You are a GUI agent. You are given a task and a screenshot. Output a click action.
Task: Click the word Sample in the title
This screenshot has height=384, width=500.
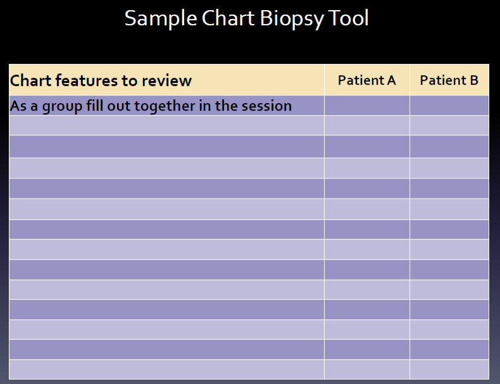coord(161,19)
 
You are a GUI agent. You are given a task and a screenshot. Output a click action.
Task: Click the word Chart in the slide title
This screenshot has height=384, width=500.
coord(228,18)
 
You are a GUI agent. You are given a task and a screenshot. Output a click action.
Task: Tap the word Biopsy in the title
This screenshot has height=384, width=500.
coord(291,19)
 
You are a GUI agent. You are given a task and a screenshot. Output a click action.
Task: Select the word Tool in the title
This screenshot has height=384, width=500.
coord(348,18)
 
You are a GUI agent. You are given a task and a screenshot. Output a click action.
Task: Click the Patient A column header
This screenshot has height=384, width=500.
coord(366,80)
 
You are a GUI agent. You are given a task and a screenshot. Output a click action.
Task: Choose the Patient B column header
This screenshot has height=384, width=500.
coord(449,80)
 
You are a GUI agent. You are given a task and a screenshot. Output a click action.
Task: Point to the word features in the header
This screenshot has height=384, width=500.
coord(87,80)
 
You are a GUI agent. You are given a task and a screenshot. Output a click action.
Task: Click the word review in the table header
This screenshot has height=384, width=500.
coord(167,81)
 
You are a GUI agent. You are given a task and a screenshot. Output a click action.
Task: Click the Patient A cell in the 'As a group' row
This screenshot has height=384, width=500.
coord(367,106)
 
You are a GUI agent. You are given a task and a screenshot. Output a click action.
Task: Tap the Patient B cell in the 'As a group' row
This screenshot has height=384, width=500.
coord(449,106)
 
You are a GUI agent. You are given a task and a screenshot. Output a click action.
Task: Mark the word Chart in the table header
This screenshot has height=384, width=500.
coord(30,80)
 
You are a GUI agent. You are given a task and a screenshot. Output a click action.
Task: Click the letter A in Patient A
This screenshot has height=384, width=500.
coord(392,80)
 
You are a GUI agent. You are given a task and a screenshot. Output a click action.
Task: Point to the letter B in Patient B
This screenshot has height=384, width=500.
coord(474,80)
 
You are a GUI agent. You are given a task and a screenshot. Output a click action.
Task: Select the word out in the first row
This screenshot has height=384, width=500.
coord(118,106)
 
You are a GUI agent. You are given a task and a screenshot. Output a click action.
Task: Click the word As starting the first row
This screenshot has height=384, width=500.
coord(18,106)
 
